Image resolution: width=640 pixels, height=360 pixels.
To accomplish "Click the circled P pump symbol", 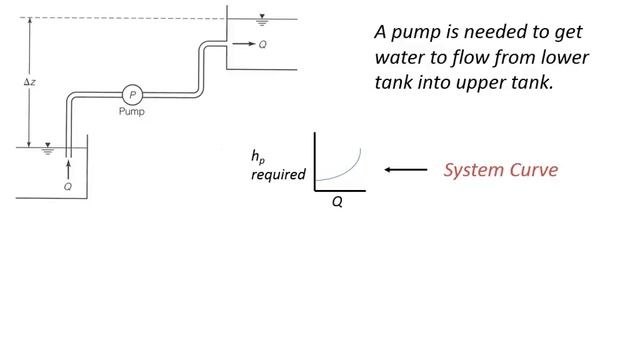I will click(131, 95).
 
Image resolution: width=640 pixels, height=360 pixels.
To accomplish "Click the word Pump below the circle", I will click(131, 112).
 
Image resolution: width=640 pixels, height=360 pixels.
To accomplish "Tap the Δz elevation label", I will click(30, 81).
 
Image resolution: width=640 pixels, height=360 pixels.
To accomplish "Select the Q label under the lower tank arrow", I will click(67, 186).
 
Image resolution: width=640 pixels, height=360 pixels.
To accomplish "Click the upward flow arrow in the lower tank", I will click(67, 165).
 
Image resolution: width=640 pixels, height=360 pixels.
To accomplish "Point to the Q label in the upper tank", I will click(262, 45).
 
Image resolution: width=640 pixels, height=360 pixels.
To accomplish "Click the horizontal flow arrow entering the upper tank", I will click(242, 45).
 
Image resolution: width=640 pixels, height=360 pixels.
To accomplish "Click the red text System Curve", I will click(500, 170).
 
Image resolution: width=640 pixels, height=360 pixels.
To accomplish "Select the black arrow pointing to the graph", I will click(406, 170).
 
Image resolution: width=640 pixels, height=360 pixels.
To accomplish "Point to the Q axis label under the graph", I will click(338, 201).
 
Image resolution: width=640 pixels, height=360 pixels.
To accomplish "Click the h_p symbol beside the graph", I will click(258, 157).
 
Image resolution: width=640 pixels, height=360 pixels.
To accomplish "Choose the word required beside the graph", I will click(278, 175).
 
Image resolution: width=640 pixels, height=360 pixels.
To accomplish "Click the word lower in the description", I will click(564, 58).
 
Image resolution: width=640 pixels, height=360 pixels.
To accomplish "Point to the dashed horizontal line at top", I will click(120, 18).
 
